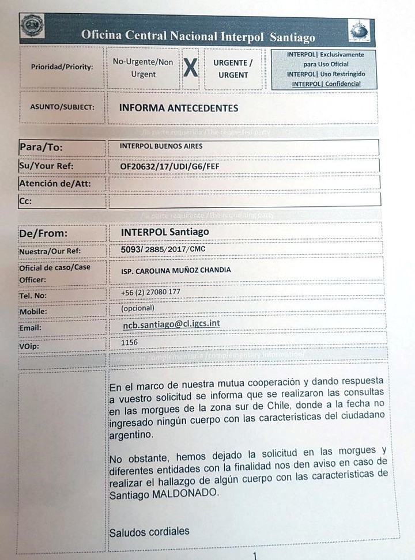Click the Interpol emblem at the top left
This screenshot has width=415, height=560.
click(32, 26)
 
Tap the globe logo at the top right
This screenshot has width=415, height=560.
click(360, 31)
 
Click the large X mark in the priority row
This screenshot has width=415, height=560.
click(190, 69)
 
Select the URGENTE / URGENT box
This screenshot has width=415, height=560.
click(233, 69)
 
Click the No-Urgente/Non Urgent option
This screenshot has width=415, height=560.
click(143, 68)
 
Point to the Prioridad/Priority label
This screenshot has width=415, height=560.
click(62, 67)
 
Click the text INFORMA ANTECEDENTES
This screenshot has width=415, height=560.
click(178, 108)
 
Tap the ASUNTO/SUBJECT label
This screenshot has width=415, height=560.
click(62, 107)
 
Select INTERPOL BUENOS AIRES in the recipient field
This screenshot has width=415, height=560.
click(161, 146)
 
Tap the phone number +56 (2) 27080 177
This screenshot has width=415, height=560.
click(150, 292)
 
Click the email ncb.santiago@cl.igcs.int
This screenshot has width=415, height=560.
click(171, 324)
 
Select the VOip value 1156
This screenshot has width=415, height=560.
click(130, 343)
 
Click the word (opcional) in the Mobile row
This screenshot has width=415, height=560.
click(137, 308)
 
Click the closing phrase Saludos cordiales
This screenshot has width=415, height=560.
click(149, 532)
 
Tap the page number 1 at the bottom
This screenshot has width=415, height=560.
click(255, 555)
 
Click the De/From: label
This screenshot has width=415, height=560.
click(44, 233)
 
